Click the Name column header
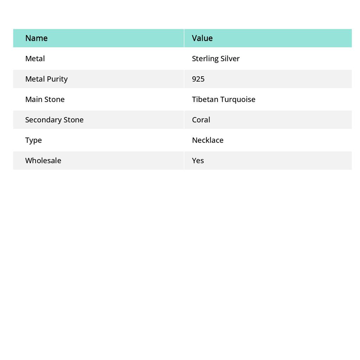37,38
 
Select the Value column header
202,38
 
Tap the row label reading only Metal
35,59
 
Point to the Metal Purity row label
46,79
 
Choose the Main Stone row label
45,99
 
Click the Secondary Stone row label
54,120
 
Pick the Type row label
33,140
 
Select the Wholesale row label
43,161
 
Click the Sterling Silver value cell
216,59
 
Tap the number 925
198,79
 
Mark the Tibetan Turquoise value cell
224,99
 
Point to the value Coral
201,120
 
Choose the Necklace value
208,140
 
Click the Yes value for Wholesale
198,161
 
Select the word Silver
230,59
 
